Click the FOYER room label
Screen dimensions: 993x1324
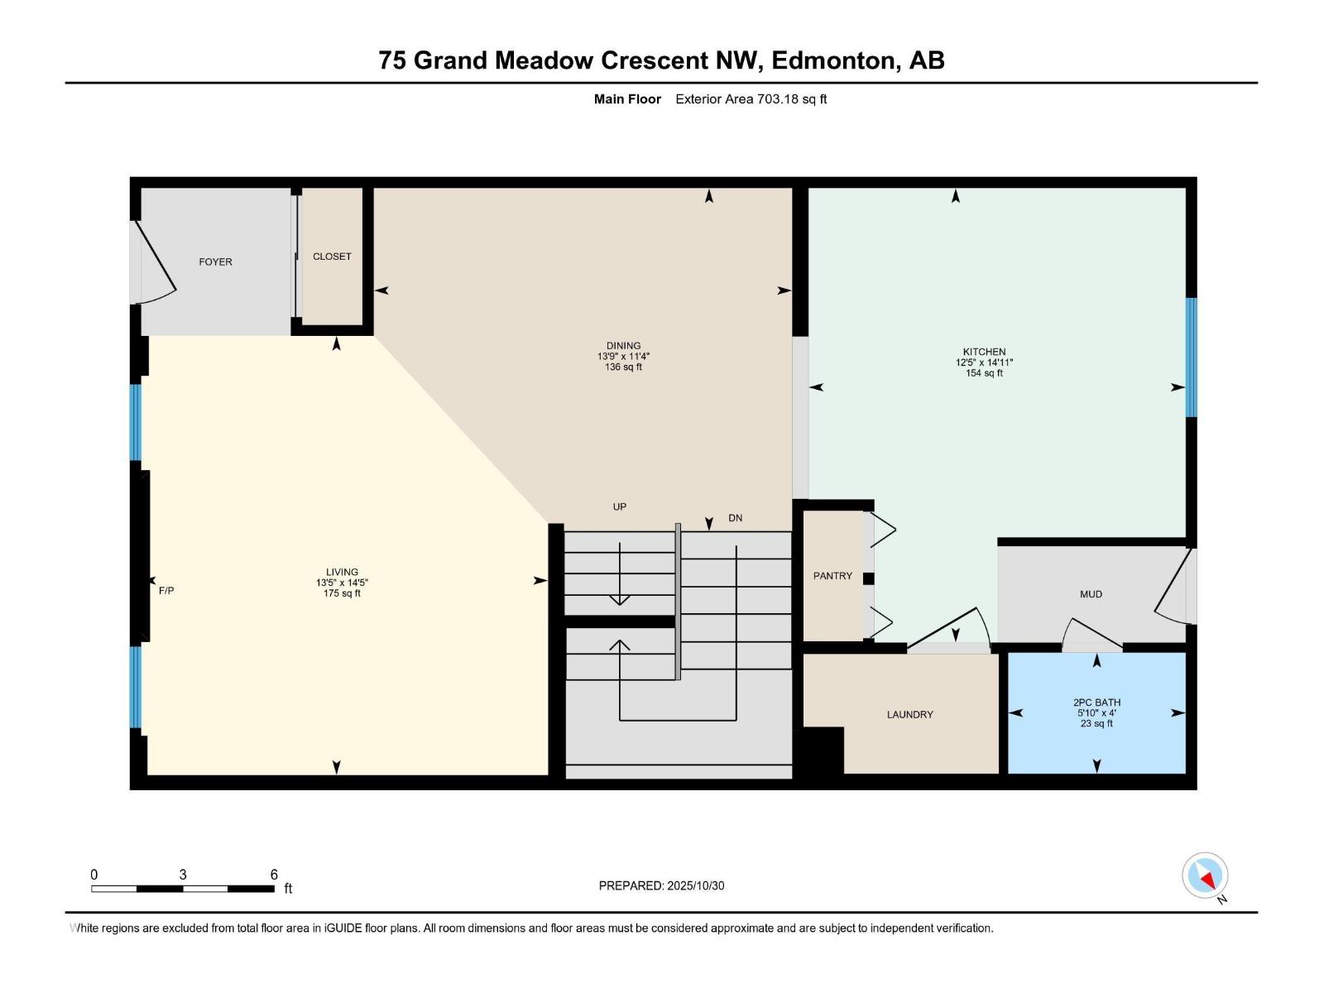(215, 261)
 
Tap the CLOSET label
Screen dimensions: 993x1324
(332, 257)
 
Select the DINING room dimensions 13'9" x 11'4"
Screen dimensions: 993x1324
(623, 357)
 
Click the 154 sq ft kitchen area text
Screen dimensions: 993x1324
(984, 373)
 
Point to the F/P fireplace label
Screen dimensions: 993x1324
(166, 591)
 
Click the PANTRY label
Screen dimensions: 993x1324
(832, 576)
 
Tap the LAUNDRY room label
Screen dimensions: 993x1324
(909, 714)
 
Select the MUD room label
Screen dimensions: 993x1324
(1091, 594)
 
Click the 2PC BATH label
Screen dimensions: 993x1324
(1096, 703)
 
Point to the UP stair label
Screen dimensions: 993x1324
(620, 506)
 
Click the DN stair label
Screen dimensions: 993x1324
(735, 518)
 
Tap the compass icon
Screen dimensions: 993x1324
(1205, 875)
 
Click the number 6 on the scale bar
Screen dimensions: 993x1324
(274, 875)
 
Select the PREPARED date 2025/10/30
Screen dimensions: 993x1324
(694, 885)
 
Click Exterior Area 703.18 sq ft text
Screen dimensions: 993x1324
(751, 99)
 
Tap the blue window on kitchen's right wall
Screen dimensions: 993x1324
(1192, 357)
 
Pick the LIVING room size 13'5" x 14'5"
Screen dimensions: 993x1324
(342, 583)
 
